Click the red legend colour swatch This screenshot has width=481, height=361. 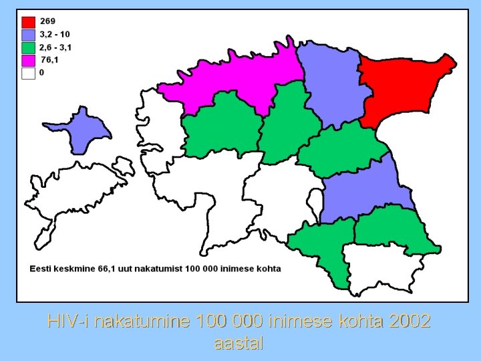click(29, 22)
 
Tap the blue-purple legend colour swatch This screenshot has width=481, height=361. click(29, 35)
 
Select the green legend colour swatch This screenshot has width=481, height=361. click(29, 47)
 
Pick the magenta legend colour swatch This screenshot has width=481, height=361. click(29, 60)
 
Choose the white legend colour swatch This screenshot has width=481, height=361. click(29, 73)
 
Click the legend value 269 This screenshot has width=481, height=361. click(47, 21)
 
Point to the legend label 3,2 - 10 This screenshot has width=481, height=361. click(55, 34)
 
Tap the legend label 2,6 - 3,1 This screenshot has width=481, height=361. click(55, 47)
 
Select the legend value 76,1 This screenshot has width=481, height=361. click(49, 59)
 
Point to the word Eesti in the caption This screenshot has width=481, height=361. click(40, 269)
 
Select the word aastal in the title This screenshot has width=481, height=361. click(239, 344)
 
